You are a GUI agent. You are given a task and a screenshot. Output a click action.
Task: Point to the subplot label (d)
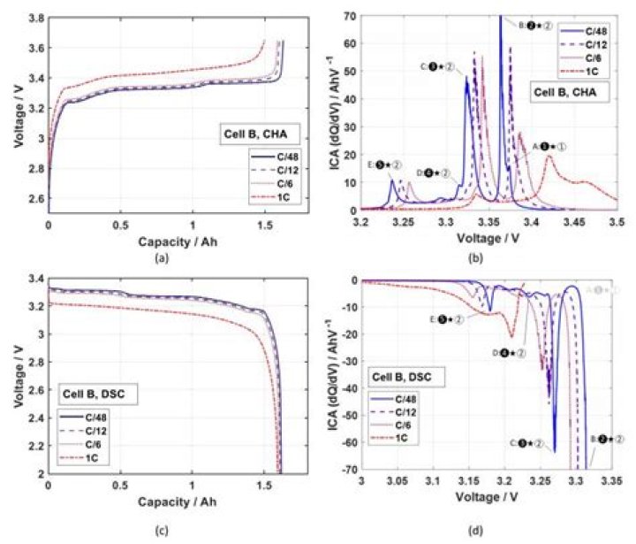tap(478, 530)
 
